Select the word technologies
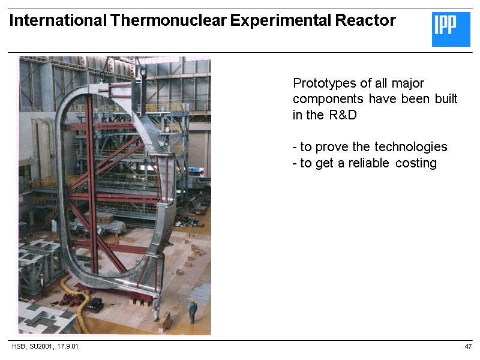coord(411,147)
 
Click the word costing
coord(416,163)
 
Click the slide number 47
coord(468,347)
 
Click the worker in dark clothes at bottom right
coord(193,311)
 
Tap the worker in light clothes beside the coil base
coord(157,307)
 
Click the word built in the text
coord(446,99)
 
